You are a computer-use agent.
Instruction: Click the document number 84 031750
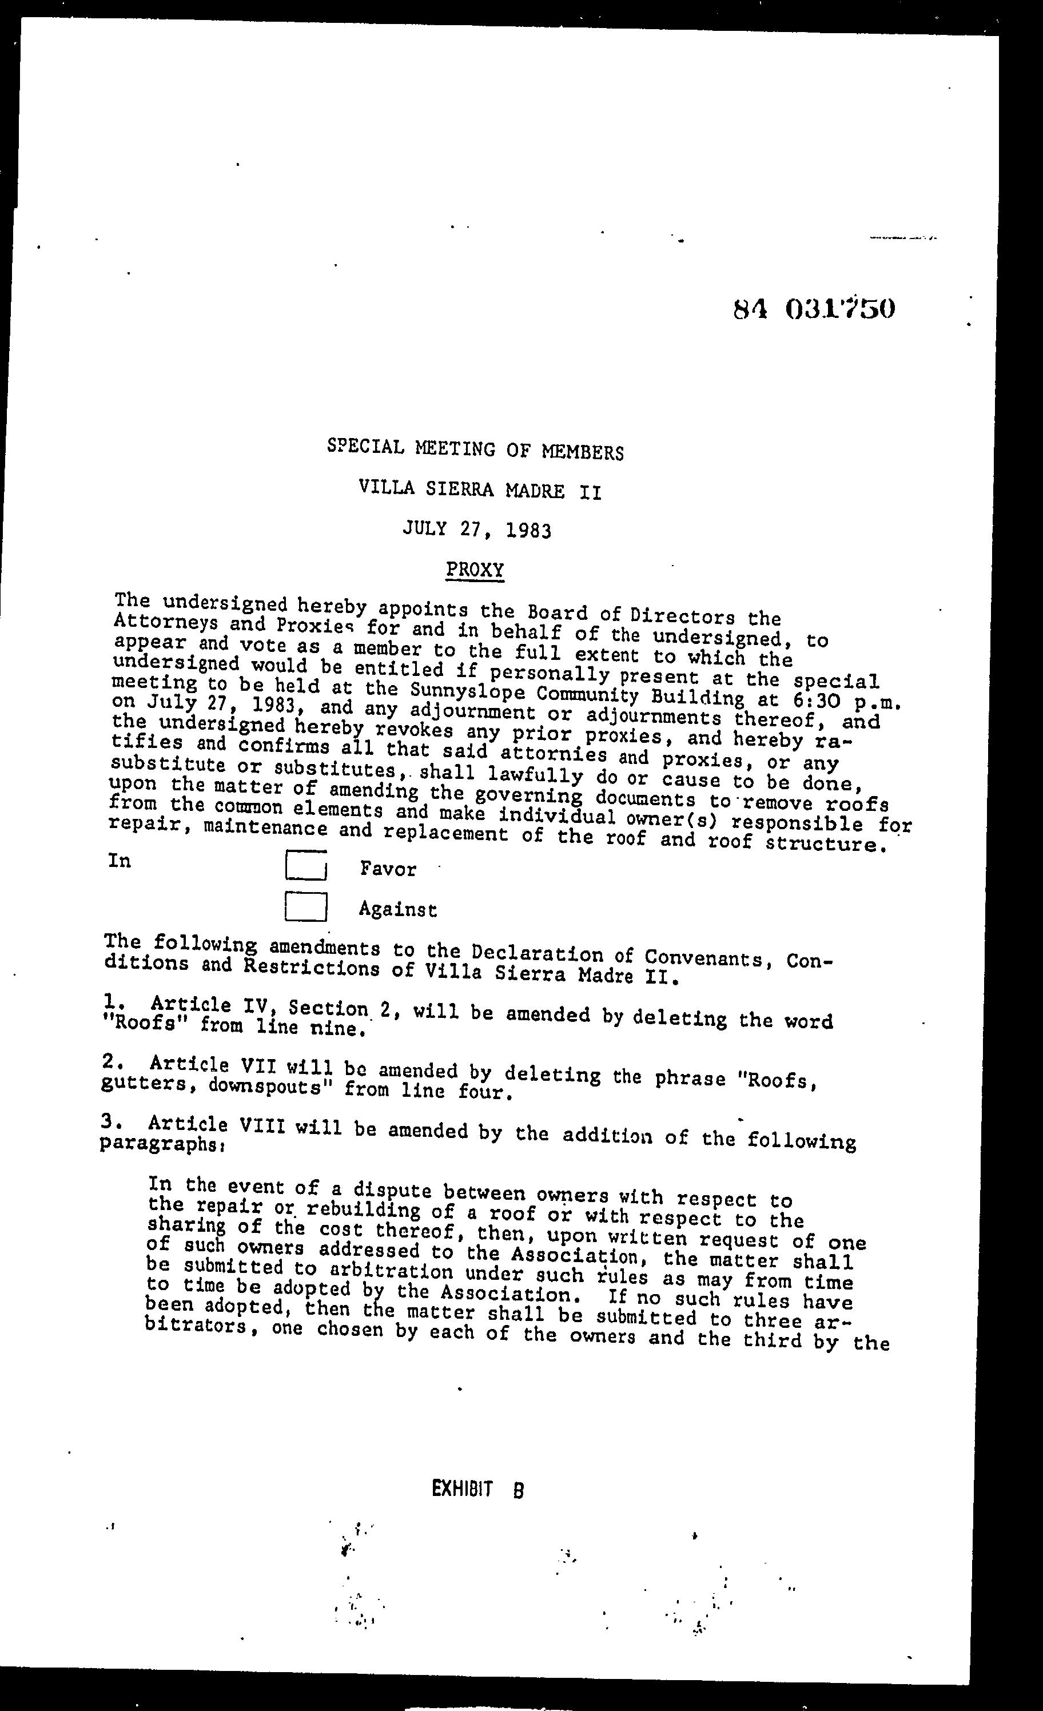(813, 308)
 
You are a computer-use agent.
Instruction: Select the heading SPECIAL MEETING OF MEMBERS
(475, 450)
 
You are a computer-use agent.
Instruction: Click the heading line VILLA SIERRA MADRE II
(480, 490)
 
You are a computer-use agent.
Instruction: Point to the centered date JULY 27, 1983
(477, 531)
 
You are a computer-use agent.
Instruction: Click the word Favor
(388, 869)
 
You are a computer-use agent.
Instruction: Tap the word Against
(397, 909)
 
